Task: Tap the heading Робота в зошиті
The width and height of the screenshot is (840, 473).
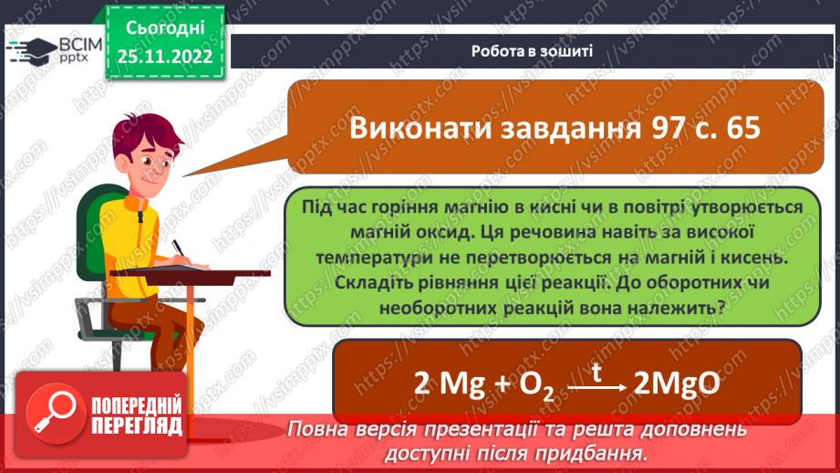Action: [533, 51]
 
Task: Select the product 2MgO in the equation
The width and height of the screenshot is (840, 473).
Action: [676, 384]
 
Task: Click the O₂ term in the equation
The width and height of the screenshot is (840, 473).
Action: [535, 386]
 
